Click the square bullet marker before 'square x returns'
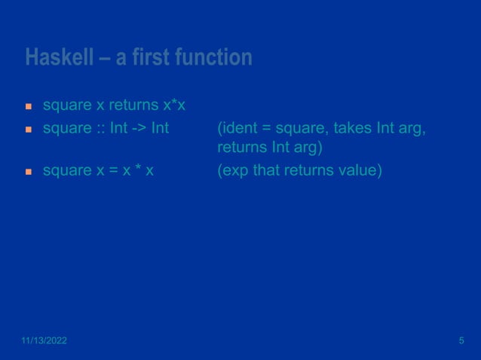[x=29, y=103]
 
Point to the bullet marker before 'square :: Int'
[x=29, y=130]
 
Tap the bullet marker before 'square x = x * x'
[x=29, y=172]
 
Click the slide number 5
[x=461, y=342]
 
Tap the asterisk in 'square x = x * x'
[x=136, y=169]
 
